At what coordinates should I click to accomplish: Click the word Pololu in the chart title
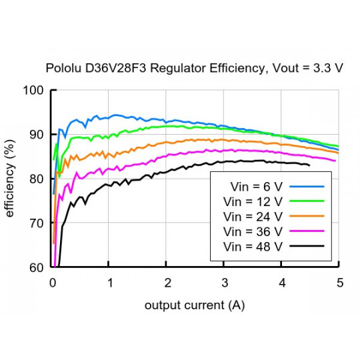(62, 69)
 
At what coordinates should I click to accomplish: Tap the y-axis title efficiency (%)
(10, 178)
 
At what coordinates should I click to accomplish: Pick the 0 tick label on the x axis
(53, 283)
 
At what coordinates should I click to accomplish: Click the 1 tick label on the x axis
(110, 283)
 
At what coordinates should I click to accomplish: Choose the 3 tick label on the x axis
(225, 283)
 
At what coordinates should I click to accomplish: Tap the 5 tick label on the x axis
(339, 283)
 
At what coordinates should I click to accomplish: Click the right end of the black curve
(309, 165)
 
